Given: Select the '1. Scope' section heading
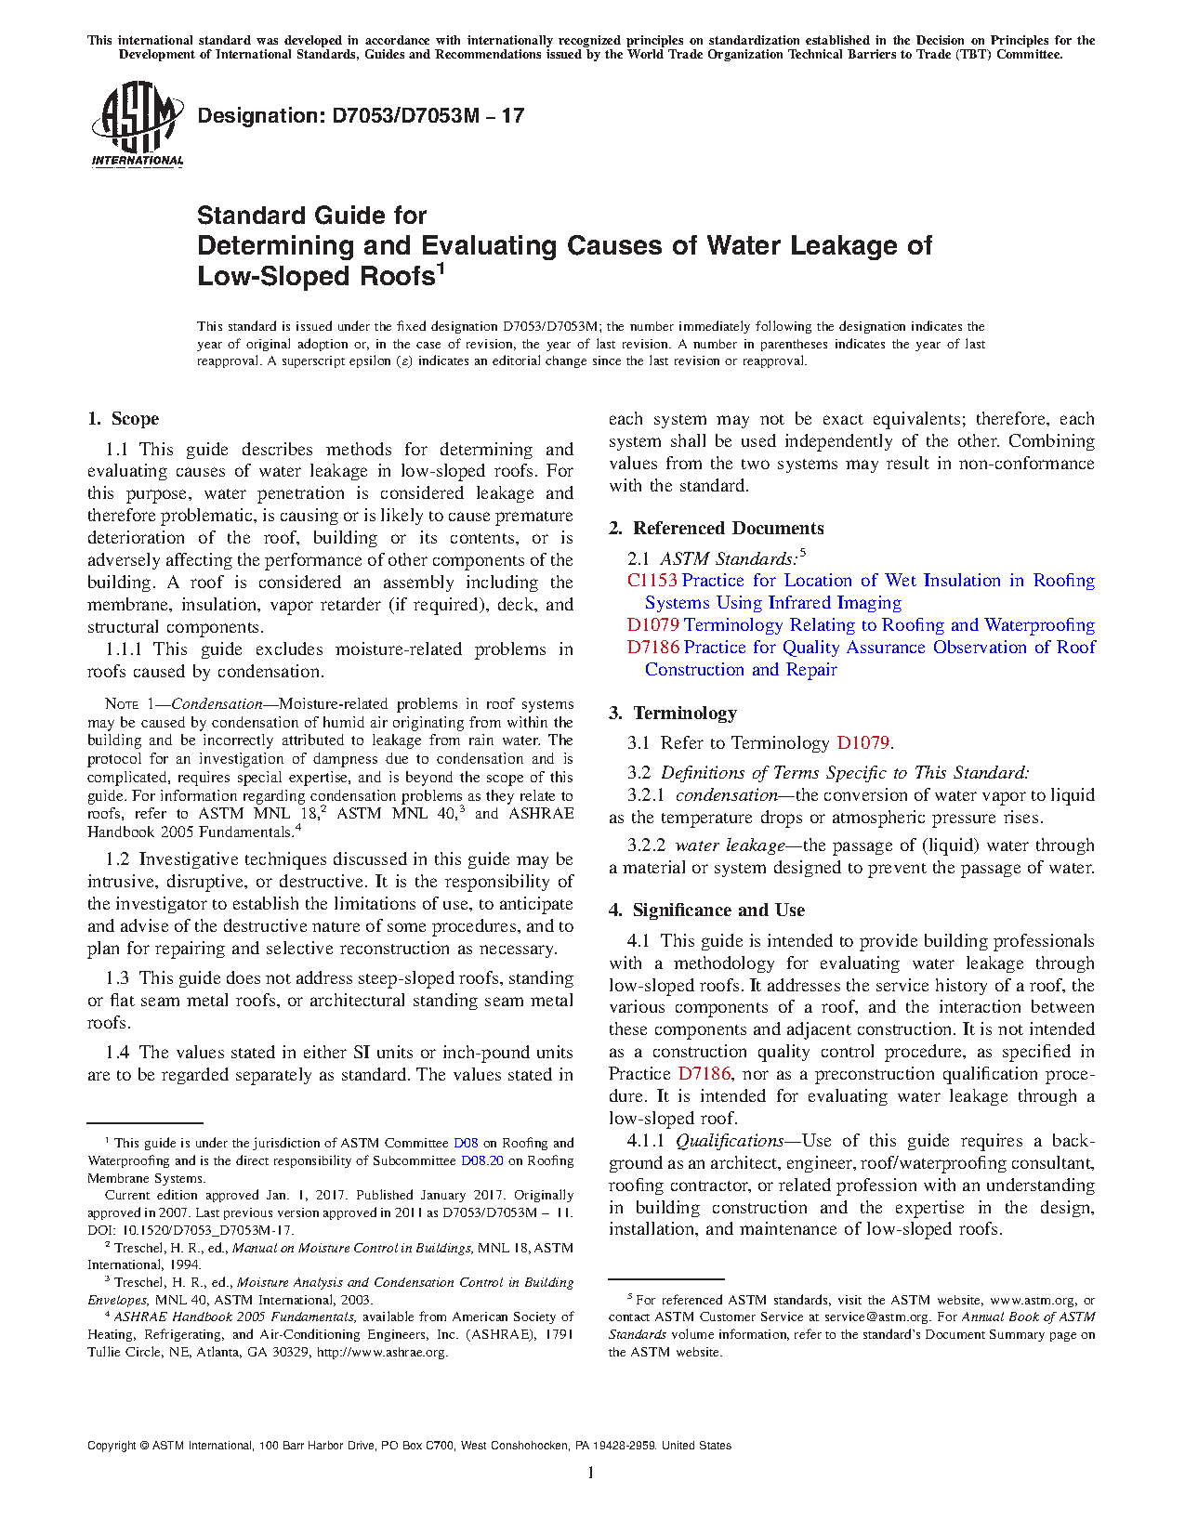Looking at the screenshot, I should pyautogui.click(x=124, y=418).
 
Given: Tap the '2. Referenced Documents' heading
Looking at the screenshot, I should pyautogui.click(x=717, y=528).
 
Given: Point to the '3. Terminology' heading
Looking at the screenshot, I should pyautogui.click(x=673, y=713).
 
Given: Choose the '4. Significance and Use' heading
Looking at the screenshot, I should pyautogui.click(x=707, y=910).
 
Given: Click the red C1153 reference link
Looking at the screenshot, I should pyautogui.click(x=652, y=581).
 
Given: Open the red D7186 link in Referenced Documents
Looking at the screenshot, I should pyautogui.click(x=652, y=648).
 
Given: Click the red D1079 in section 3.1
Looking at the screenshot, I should pyautogui.click(x=863, y=743).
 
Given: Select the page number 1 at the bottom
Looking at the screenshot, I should pyautogui.click(x=591, y=1472).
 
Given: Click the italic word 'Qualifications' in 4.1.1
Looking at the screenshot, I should pyautogui.click(x=730, y=1141).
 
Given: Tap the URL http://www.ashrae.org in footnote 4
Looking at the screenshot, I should pyautogui.click(x=383, y=1352).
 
